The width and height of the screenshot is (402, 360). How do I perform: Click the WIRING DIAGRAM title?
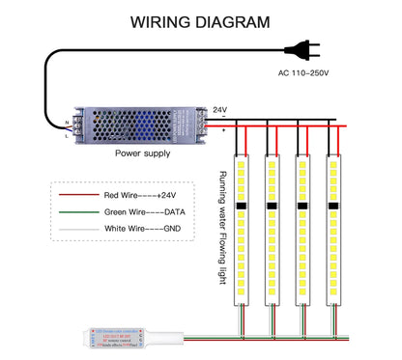pos(200,20)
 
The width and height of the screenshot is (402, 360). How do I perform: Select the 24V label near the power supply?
pos(219,110)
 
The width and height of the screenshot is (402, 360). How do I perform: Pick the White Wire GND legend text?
pos(140,229)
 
